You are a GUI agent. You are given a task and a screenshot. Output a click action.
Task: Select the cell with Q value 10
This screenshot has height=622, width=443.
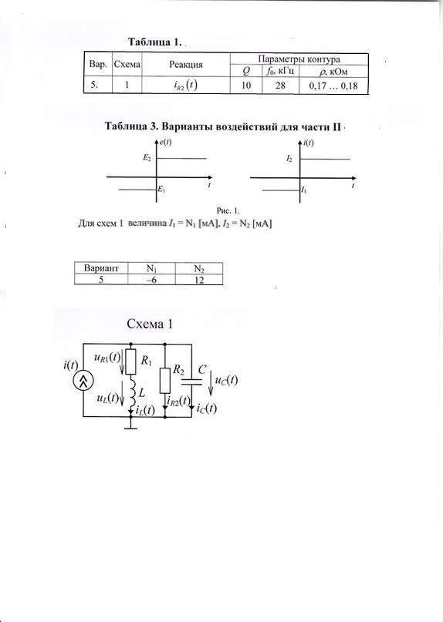point(246,86)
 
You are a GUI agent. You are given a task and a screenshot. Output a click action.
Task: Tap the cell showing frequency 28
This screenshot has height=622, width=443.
point(280,86)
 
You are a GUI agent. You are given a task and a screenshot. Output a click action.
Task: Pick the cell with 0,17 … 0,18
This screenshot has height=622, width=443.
point(333,86)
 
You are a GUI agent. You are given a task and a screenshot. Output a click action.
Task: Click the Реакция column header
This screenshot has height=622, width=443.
point(185,65)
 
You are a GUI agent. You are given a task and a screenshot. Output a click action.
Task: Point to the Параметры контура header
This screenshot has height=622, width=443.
point(299,59)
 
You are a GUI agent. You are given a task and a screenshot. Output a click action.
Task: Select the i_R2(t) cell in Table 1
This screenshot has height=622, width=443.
point(185,86)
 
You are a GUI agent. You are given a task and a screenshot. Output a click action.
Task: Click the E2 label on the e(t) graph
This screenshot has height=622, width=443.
point(147,158)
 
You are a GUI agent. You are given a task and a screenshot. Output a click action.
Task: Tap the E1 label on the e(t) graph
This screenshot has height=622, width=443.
point(161,190)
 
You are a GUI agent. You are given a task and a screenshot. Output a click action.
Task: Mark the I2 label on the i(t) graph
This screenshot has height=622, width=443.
point(289,159)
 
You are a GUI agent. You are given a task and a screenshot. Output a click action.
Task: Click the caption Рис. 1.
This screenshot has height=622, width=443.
point(228,210)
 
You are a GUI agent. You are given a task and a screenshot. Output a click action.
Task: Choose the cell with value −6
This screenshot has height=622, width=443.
point(151,280)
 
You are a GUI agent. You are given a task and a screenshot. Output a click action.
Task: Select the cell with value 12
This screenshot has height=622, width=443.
point(199,280)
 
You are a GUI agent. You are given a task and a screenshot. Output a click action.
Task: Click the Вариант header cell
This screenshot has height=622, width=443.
point(101,268)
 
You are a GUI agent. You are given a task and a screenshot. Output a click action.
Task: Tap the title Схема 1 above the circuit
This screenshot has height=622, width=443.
point(150,324)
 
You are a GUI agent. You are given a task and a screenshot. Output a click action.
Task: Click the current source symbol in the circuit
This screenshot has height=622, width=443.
point(83,382)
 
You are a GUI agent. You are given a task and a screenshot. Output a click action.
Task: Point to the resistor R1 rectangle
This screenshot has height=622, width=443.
point(130,361)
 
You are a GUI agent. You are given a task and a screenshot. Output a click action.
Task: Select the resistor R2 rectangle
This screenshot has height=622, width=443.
point(165,381)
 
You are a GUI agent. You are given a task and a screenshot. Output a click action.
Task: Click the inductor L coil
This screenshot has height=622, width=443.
point(131,393)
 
